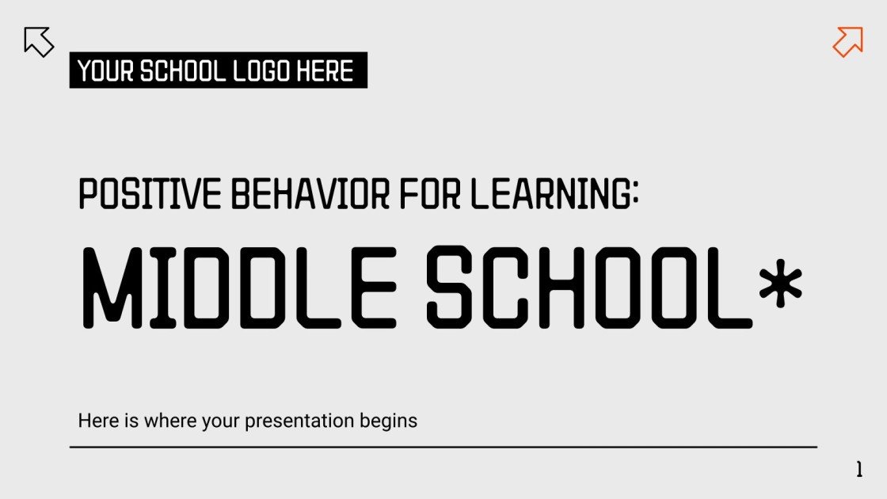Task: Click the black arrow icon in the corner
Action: [39, 41]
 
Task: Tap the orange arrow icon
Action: [847, 41]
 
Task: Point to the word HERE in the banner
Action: [325, 71]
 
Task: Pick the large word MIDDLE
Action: [238, 288]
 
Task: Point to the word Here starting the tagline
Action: [95, 421]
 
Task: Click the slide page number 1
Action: [859, 470]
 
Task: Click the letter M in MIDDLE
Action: [113, 288]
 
